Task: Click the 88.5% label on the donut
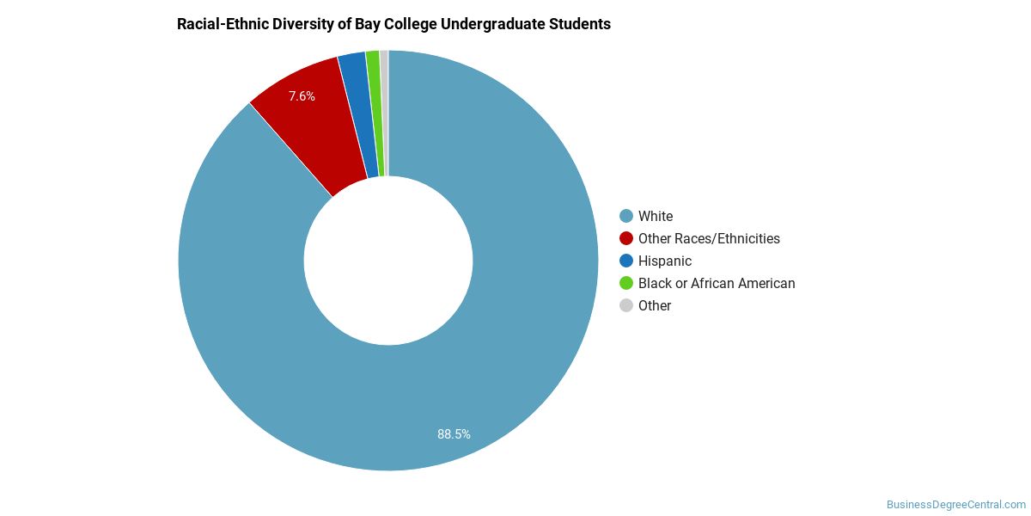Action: (x=454, y=434)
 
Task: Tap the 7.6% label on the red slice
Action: (x=302, y=96)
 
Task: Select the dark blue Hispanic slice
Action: (x=360, y=115)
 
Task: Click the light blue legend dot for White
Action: (x=626, y=216)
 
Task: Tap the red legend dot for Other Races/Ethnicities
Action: (x=626, y=238)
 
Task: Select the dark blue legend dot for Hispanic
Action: (x=626, y=261)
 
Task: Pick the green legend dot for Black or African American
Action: (x=626, y=283)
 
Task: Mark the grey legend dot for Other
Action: (x=626, y=305)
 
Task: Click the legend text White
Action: (x=656, y=216)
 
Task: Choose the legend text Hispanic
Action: (x=665, y=261)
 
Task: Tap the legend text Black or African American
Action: (x=717, y=283)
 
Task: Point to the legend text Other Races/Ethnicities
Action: (x=710, y=239)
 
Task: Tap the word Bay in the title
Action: (x=365, y=24)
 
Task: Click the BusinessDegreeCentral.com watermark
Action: (x=956, y=505)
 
